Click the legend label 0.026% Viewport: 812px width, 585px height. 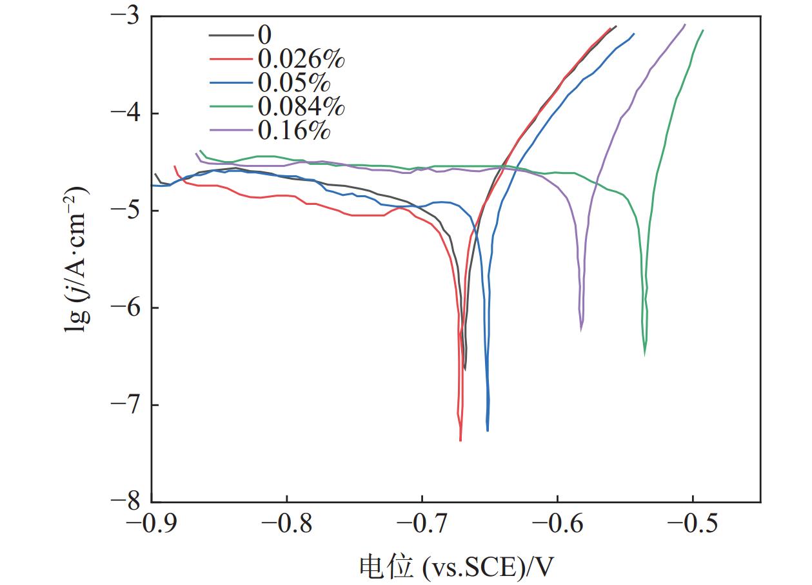(301, 59)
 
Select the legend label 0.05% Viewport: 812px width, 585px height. (293, 82)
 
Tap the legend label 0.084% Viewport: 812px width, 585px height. (301, 106)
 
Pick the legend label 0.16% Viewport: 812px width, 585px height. (293, 130)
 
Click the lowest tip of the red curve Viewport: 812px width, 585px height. (460, 440)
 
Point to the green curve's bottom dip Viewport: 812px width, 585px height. (645, 354)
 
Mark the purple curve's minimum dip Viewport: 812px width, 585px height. (581, 329)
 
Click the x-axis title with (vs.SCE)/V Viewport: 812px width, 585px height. (455, 566)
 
